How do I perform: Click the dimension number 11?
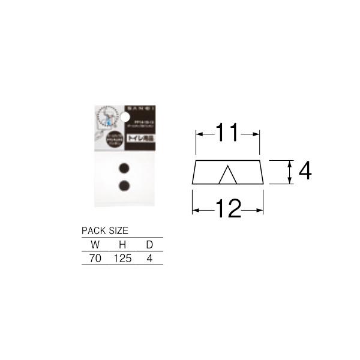tap(228, 134)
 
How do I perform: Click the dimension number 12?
tap(228, 209)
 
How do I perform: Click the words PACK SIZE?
tap(104, 230)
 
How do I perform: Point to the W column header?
tap(95, 245)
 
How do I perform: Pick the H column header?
tap(122, 245)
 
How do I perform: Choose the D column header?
tap(149, 245)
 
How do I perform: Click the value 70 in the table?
tap(95, 259)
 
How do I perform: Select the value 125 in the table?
tap(121, 259)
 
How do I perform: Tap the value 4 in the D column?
tap(149, 259)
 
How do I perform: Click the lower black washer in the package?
tap(124, 185)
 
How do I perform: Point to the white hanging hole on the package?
tap(124, 113)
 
